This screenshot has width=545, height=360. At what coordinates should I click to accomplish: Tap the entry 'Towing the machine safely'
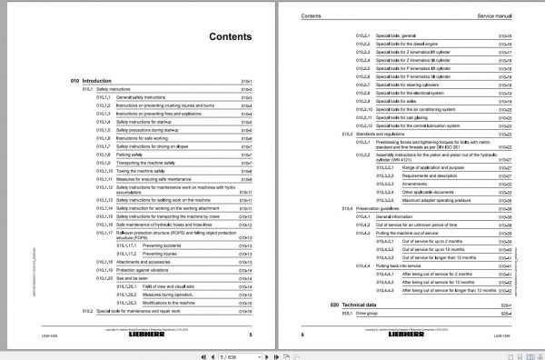point(142,169)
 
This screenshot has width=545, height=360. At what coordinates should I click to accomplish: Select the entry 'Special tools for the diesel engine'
point(411,42)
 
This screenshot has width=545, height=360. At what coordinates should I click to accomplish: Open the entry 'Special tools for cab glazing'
point(406,116)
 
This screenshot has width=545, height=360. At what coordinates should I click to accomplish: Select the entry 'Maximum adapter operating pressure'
point(444,200)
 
